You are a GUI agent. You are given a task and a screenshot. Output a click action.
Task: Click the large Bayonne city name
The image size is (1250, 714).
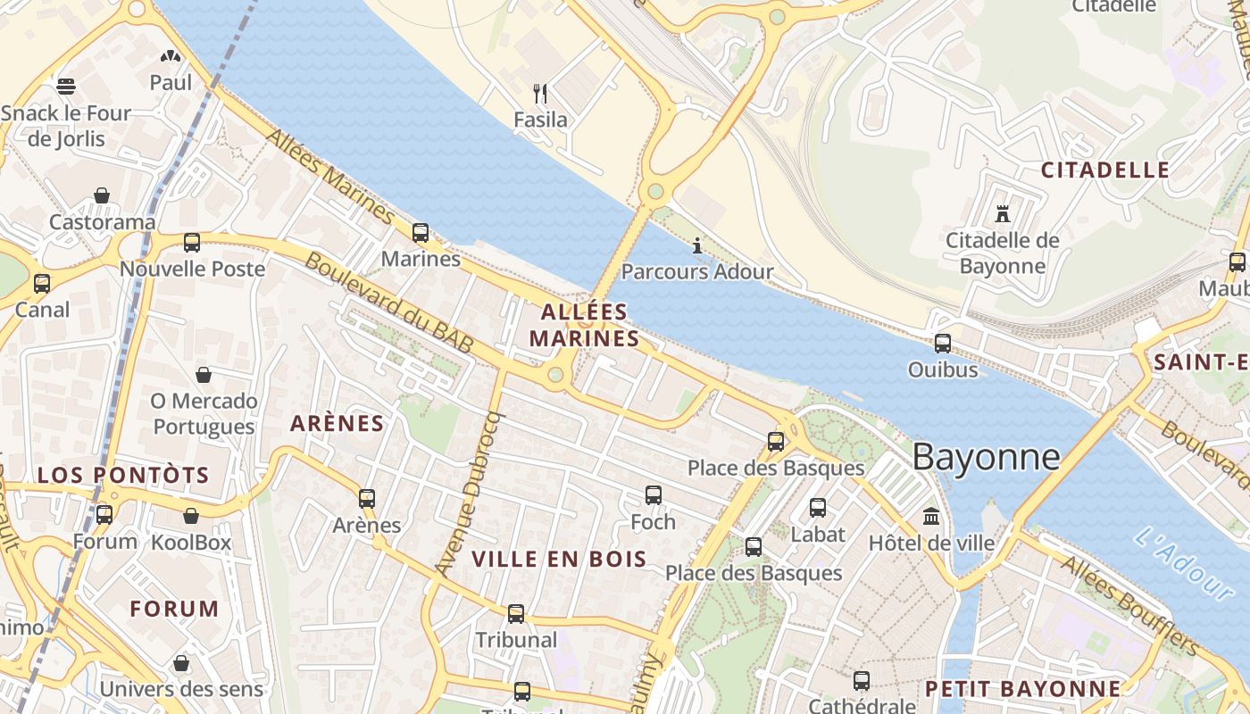click(986, 457)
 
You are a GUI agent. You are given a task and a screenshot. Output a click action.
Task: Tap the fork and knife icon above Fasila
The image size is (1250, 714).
click(539, 93)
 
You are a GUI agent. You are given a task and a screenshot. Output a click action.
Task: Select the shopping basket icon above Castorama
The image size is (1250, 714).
click(102, 195)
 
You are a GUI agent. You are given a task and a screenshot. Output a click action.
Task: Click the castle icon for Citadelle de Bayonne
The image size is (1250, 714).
click(1002, 214)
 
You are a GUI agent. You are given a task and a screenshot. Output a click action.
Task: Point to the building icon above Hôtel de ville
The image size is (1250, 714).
click(931, 516)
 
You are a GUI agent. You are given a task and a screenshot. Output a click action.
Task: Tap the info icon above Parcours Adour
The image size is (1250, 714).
click(697, 245)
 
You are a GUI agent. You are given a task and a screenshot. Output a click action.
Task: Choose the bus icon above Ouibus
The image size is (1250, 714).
click(942, 343)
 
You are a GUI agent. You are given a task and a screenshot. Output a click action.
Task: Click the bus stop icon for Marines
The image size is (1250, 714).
click(420, 233)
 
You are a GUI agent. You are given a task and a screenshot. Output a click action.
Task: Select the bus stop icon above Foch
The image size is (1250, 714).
click(653, 495)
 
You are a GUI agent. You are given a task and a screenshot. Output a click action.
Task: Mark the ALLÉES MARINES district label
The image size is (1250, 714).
click(585, 325)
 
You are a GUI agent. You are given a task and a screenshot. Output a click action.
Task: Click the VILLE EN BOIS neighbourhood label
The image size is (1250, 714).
click(559, 560)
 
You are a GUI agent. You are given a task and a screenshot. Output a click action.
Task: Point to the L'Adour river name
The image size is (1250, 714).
click(1184, 562)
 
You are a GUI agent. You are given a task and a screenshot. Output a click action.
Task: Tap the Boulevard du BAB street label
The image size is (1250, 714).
click(388, 303)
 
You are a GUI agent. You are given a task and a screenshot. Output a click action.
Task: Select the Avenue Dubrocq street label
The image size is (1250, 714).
click(471, 493)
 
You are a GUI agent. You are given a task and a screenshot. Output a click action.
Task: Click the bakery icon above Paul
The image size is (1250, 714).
click(170, 56)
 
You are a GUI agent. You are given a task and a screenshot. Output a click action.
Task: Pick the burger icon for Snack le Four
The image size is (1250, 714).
click(66, 87)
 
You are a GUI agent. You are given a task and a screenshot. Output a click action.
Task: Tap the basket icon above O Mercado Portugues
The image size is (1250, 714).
click(204, 375)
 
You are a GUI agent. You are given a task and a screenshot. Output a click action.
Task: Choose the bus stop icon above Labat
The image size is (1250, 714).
click(817, 508)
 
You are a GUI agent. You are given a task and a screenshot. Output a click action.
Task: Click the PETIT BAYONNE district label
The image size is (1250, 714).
click(1022, 689)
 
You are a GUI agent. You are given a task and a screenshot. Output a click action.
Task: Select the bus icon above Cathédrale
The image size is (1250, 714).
click(862, 680)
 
